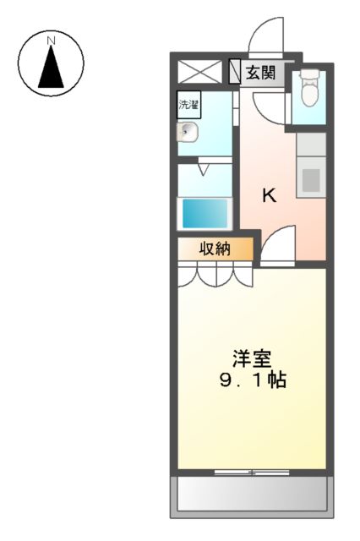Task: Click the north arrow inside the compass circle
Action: click(52, 68)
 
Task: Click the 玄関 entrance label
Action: click(260, 74)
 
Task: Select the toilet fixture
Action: click(308, 88)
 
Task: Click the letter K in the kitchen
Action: click(269, 196)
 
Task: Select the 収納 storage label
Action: click(215, 249)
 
